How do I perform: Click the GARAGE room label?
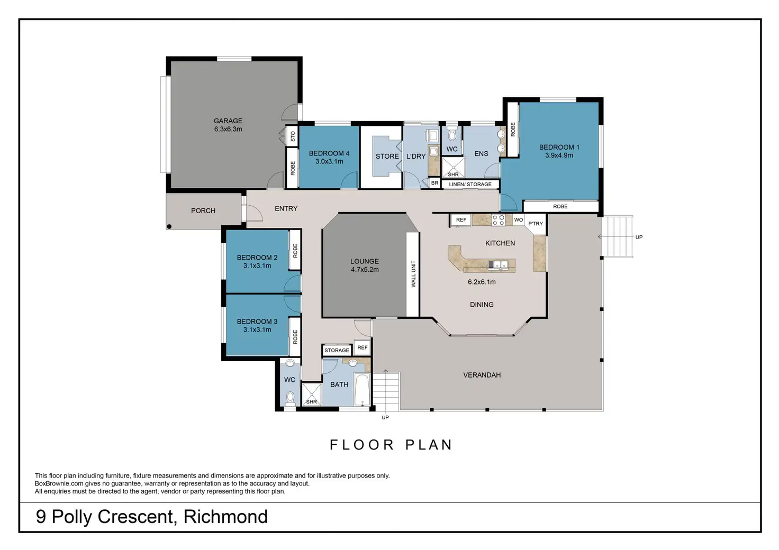point(228,121)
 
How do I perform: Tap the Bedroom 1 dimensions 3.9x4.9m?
point(559,155)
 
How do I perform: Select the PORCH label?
point(203,210)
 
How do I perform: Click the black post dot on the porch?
point(169,226)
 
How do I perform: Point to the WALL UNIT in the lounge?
point(413,274)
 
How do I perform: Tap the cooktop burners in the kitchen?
point(498,220)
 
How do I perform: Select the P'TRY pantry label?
point(536,223)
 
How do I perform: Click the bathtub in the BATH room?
point(363,389)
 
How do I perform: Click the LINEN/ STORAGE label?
point(470,184)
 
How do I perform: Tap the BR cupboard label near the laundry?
point(434,183)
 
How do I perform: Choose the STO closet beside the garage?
point(292,136)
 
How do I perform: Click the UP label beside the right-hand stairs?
point(639,237)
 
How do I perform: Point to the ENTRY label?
point(286,208)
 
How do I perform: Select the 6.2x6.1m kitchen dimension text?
point(482,282)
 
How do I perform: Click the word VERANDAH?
point(482,375)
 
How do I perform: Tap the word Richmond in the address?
point(225,516)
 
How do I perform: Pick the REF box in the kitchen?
point(461,219)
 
